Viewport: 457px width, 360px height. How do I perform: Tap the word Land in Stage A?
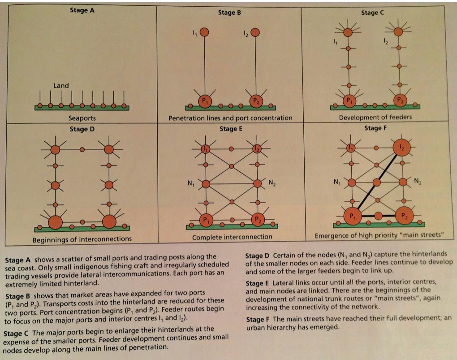[x=61, y=85]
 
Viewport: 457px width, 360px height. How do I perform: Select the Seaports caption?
[x=82, y=118]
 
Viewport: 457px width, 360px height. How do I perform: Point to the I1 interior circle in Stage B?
[x=204, y=32]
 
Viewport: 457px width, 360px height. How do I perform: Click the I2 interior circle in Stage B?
[x=255, y=32]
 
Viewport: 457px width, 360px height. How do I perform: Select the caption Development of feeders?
[x=375, y=117]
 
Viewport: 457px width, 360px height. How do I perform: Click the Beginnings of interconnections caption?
[x=82, y=239]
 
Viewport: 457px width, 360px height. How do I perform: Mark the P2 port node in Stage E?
[x=258, y=219]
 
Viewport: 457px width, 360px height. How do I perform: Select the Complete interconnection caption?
[x=232, y=237]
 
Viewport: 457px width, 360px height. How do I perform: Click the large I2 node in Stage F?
[x=401, y=147]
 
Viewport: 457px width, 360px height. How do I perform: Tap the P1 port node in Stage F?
[x=351, y=215]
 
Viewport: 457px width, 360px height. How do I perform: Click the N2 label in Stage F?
[x=418, y=181]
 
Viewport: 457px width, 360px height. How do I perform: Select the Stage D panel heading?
[x=82, y=130]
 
